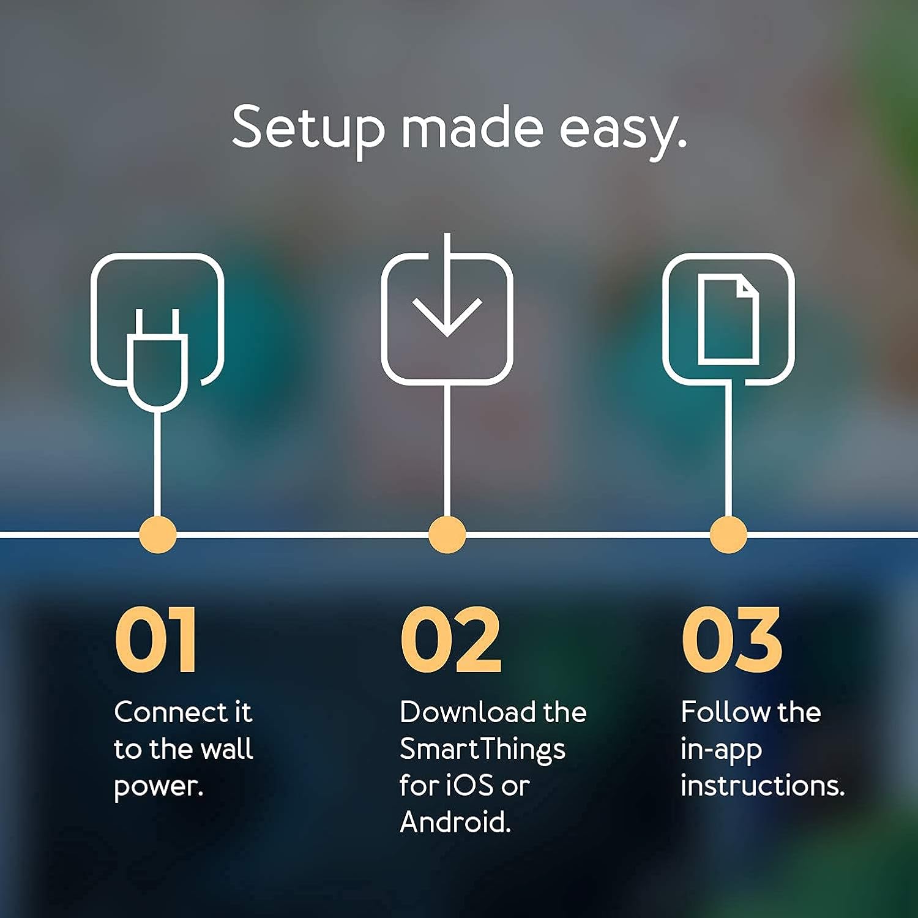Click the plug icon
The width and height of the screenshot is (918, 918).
(x=157, y=358)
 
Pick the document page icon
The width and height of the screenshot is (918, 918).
(x=728, y=320)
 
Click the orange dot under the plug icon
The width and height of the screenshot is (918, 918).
(x=158, y=534)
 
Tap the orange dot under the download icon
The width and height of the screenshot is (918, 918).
(x=447, y=534)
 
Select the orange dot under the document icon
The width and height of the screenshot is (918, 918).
(x=728, y=534)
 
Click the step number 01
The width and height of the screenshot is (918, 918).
(x=156, y=640)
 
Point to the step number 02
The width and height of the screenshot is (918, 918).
(x=451, y=640)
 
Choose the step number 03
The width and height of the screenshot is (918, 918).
(x=732, y=640)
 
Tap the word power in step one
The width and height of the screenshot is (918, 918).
(x=158, y=787)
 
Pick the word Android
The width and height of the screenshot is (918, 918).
(x=455, y=823)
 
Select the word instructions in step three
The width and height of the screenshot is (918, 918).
(x=762, y=786)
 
